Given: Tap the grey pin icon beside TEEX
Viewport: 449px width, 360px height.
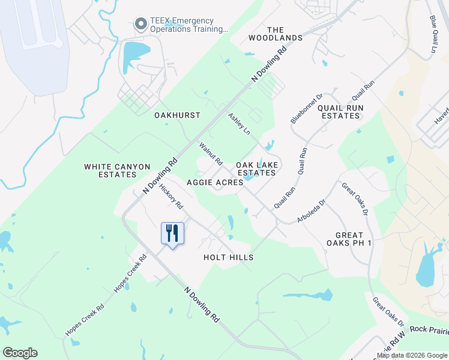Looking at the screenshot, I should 141,24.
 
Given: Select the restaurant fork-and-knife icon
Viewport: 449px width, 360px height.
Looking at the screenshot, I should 172,232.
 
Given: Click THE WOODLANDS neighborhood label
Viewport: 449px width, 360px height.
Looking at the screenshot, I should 276,34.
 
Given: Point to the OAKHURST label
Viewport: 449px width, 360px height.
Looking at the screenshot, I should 177,115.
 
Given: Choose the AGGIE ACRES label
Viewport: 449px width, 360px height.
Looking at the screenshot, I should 215,182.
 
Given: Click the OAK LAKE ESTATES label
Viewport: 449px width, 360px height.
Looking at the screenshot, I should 256,169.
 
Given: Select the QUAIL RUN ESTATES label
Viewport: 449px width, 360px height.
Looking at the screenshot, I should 340,112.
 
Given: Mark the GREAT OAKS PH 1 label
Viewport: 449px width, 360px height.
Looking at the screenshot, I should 349,239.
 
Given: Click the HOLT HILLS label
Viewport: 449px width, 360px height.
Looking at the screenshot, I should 228,257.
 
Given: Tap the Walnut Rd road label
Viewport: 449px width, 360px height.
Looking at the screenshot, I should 211,154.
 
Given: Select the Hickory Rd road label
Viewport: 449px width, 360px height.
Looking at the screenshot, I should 171,196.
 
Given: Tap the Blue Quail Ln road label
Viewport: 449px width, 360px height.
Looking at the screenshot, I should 432,34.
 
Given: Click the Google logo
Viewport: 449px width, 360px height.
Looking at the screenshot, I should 20,353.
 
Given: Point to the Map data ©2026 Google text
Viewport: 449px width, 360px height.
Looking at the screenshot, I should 411,355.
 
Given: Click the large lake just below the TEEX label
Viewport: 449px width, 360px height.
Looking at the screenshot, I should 133,56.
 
